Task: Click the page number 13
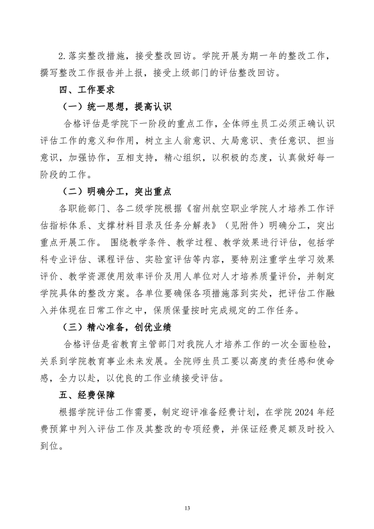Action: tap(187, 495)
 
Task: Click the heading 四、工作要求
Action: tap(84, 89)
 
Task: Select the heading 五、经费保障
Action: tap(84, 393)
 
